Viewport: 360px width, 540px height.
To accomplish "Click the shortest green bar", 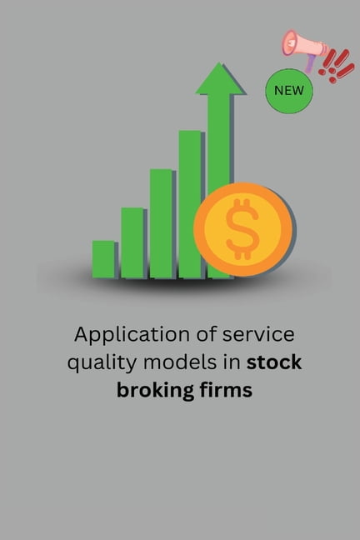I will click(103, 259).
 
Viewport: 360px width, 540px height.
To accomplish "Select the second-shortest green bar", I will click(132, 242).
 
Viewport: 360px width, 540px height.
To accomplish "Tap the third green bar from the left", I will click(161, 223).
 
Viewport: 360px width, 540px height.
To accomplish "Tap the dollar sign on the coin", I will click(243, 228).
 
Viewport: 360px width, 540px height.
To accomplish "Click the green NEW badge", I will click(289, 89).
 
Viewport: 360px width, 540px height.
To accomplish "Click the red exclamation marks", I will click(337, 64).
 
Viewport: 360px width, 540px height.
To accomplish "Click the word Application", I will click(117, 336).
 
